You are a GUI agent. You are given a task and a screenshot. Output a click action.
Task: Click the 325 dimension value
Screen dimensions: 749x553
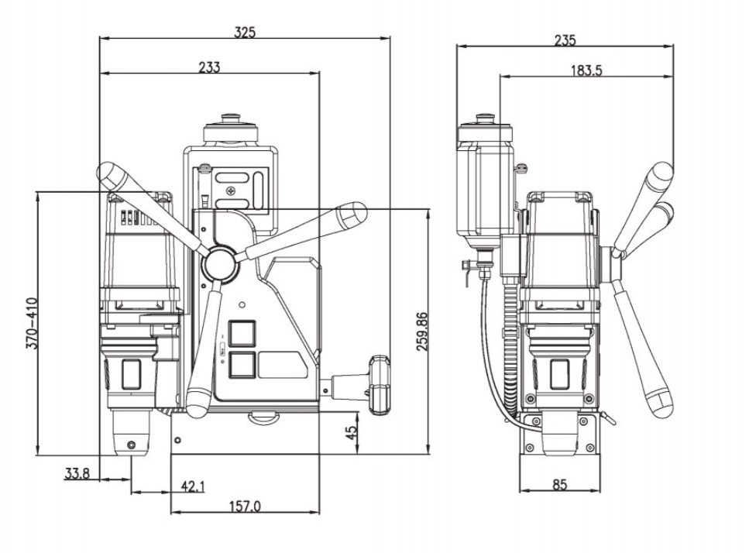(245, 32)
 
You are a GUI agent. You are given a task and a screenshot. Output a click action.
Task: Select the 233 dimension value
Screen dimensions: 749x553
(209, 67)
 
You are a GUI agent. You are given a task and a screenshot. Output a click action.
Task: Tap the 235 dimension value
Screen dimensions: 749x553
(565, 40)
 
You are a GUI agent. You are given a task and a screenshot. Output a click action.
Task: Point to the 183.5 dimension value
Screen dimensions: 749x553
(586, 70)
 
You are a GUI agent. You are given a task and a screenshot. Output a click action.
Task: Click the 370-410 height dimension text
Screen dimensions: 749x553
(32, 323)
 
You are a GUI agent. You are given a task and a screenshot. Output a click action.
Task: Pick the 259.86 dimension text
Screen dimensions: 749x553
(422, 331)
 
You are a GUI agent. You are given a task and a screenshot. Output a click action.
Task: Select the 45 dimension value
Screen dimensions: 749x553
(351, 433)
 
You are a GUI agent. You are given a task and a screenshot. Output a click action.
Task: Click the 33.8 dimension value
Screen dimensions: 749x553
(77, 474)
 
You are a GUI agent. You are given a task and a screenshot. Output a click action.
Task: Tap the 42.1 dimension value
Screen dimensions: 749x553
(193, 486)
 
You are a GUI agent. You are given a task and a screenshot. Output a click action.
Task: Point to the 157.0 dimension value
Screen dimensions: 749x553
(245, 507)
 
